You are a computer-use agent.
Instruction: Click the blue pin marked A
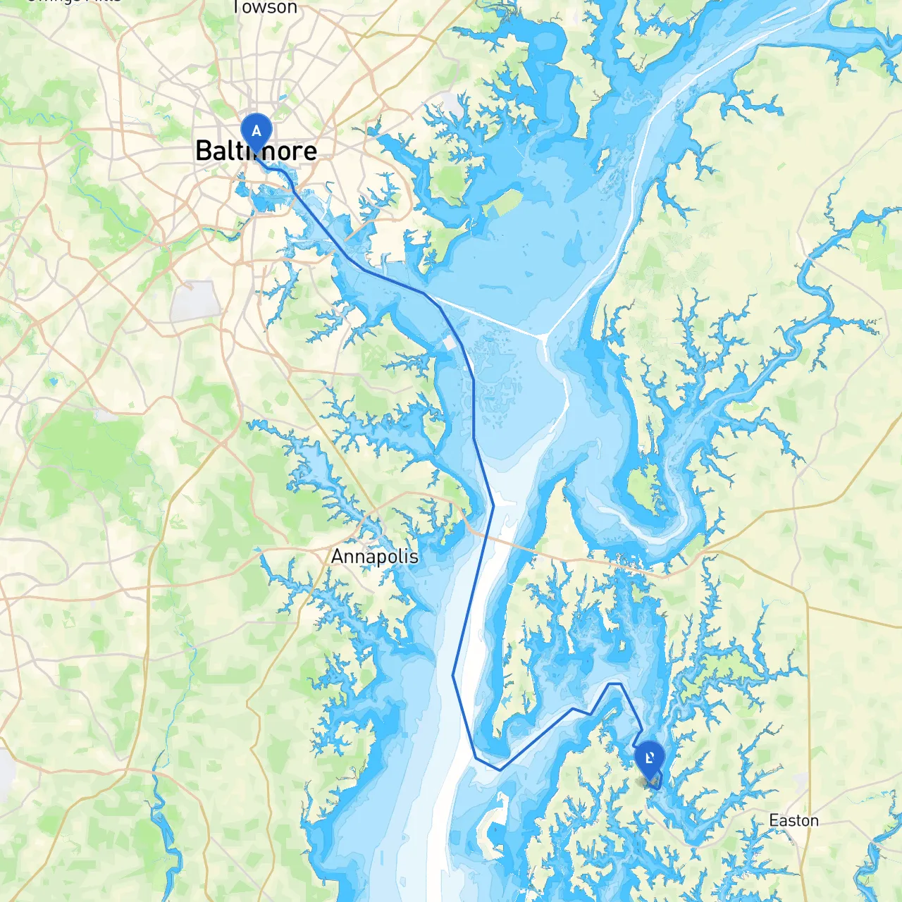pos(256,131)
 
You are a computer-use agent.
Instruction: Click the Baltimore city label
pos(256,151)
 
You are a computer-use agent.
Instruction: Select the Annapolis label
pos(374,557)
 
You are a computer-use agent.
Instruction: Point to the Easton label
pos(793,821)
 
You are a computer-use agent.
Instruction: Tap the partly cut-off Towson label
pos(265,8)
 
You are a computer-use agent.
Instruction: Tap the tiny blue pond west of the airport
pos(52,381)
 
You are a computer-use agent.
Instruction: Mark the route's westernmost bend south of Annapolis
pos(453,676)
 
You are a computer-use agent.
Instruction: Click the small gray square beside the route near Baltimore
pos(450,343)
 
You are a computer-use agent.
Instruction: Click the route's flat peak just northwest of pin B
pos(614,684)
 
